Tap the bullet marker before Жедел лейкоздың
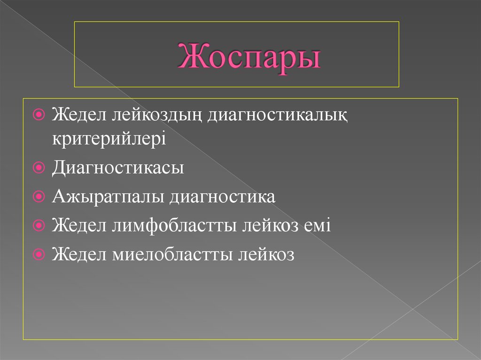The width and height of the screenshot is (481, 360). [x=40, y=115]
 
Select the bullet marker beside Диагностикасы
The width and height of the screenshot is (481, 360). [x=40, y=168]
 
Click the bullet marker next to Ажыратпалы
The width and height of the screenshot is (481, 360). [x=40, y=197]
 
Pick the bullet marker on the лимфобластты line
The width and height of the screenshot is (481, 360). [x=40, y=226]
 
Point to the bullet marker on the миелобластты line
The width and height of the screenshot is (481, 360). [x=40, y=255]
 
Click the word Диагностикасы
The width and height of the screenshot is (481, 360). [x=118, y=168]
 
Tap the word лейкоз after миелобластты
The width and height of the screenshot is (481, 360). [x=266, y=255]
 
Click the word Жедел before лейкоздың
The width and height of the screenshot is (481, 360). [x=79, y=115]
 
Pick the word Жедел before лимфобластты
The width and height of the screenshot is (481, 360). [x=79, y=226]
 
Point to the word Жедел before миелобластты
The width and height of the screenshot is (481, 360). [x=79, y=255]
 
